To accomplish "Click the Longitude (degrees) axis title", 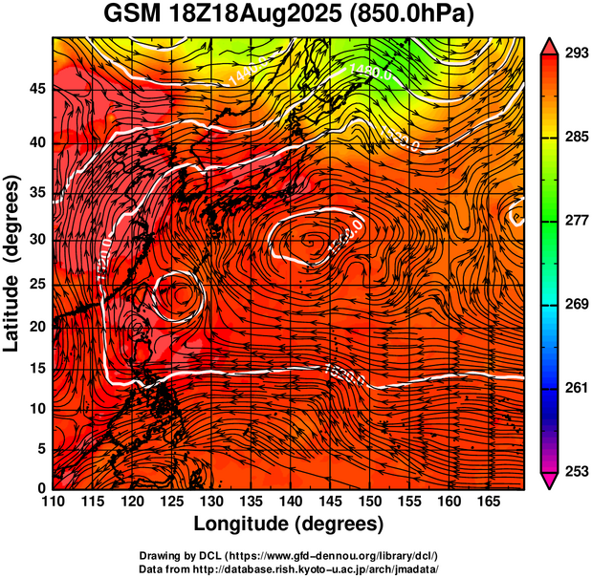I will tap(289, 524).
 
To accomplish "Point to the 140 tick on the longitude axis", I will tap(290, 500).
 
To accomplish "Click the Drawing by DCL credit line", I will tap(288, 555).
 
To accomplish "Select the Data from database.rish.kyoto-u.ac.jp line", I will tap(288, 567).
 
